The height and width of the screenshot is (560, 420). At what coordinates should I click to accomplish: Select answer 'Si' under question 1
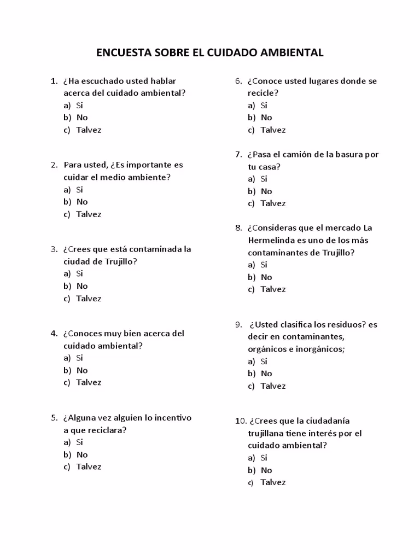[79, 105]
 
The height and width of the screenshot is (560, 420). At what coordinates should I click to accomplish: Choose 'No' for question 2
[82, 202]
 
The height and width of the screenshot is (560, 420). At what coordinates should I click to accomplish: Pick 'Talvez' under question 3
[89, 299]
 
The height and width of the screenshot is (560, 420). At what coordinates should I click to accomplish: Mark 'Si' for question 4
[79, 358]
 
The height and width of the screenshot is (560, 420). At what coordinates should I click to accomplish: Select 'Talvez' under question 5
[89, 466]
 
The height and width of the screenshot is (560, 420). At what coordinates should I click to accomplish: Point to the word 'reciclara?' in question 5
[106, 430]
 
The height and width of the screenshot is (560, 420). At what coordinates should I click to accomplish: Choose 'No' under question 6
[266, 118]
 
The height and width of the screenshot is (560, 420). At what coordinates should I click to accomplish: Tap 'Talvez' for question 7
[273, 203]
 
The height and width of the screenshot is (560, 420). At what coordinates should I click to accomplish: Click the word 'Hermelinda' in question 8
[270, 240]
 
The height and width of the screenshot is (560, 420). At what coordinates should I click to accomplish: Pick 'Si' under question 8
[264, 265]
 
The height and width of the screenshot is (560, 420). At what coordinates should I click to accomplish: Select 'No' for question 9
[266, 374]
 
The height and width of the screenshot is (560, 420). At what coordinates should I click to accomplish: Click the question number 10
[241, 421]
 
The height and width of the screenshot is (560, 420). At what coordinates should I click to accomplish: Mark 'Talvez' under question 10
[273, 482]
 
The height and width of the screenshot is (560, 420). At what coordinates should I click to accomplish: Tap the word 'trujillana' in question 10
[268, 433]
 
